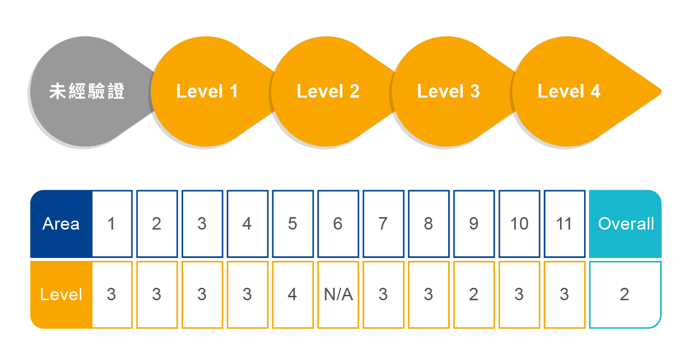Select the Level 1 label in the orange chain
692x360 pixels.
tap(207, 92)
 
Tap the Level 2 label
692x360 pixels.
tap(328, 92)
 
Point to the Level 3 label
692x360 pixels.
tap(448, 92)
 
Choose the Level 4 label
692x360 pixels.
tap(569, 92)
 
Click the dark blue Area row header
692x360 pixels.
tap(61, 224)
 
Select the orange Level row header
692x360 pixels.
tap(61, 295)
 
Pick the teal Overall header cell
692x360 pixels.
tap(625, 224)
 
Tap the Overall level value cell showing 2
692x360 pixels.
tap(625, 295)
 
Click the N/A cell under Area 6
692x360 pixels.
tap(338, 295)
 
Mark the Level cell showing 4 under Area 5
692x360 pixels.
tap(293, 295)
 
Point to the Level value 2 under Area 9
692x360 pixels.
tap(474, 295)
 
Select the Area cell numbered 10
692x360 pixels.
tap(519, 224)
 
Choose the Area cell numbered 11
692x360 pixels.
tap(565, 224)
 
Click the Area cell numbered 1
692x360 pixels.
tap(112, 224)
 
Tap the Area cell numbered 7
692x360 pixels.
tap(383, 224)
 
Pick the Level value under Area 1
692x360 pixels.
tap(112, 295)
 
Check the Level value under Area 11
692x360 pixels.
tap(565, 295)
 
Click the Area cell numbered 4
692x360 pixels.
tap(247, 224)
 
